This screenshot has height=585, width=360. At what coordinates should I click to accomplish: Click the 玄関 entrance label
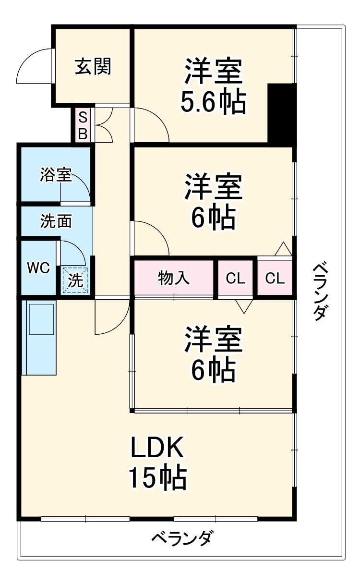coord(93,66)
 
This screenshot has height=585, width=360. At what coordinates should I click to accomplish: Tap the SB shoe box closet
coord(83,125)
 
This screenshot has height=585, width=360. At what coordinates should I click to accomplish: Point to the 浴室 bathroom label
coord(56,174)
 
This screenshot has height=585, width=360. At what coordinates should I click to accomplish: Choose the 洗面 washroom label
coord(56,221)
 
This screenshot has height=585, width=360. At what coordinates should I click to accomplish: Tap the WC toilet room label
coord(38,268)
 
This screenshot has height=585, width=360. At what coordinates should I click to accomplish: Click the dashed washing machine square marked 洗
coord(75,280)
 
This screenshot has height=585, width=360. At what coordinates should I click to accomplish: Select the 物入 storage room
coord(174,278)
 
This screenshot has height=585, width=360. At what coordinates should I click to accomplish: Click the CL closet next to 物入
coord(236,278)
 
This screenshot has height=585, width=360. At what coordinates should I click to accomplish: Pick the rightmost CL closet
coord(275,278)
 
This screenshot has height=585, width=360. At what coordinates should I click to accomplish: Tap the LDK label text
coord(157,447)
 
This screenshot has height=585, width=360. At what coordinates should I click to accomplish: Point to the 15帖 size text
coord(157,478)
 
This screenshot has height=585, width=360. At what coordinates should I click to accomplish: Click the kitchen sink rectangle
coord(41,319)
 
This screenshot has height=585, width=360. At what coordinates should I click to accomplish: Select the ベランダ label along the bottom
coord(182,538)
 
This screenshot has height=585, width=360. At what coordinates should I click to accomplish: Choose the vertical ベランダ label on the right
coord(320,292)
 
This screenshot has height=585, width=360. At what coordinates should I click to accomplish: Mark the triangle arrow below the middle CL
coord(244,306)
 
